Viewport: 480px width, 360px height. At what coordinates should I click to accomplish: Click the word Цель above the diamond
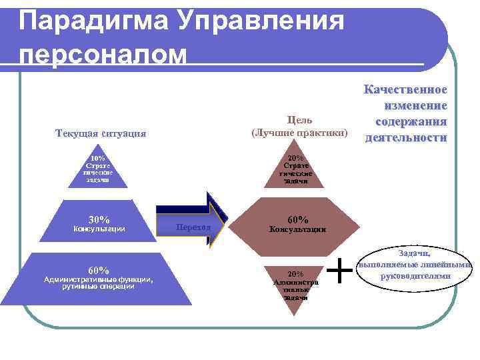299,120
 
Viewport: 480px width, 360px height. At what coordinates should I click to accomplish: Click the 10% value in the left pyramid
98,159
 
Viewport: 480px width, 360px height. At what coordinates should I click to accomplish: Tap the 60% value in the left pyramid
98,270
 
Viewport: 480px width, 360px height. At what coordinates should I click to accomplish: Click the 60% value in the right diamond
297,219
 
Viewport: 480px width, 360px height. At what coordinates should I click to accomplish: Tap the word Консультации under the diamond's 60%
297,229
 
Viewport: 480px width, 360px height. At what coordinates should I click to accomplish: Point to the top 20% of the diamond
295,159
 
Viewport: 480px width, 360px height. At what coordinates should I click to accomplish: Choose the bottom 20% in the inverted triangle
295,274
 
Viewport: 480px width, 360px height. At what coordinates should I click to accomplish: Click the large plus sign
341,271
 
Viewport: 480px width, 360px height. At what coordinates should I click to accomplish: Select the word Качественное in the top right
405,90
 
